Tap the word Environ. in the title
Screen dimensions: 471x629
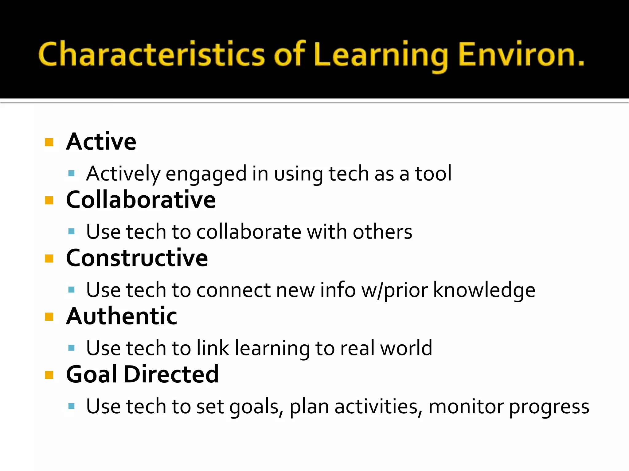521,55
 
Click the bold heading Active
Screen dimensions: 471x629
101,142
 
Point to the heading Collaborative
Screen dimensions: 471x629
141,200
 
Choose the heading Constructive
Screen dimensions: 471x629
137,258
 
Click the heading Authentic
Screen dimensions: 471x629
122,316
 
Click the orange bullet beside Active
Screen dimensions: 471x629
49,142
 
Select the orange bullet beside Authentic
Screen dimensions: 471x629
49,317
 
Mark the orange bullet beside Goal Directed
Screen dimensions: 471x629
49,375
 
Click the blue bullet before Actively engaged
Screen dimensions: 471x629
72,174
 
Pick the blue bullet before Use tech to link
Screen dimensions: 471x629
72,348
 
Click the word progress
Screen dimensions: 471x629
549,407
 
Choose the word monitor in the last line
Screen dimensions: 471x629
466,406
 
